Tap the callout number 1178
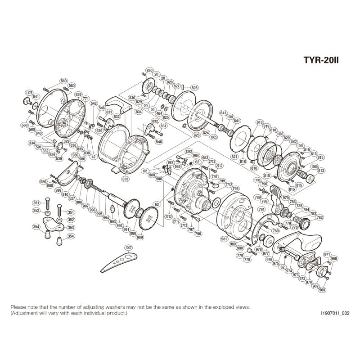(29, 93)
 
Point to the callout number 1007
(129, 247)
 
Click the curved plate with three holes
(118, 262)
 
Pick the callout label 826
(194, 88)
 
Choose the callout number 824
(207, 133)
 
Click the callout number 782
(320, 217)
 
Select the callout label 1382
(189, 152)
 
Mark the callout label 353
(70, 228)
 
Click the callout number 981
(224, 239)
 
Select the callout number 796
(198, 234)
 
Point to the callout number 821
(234, 156)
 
